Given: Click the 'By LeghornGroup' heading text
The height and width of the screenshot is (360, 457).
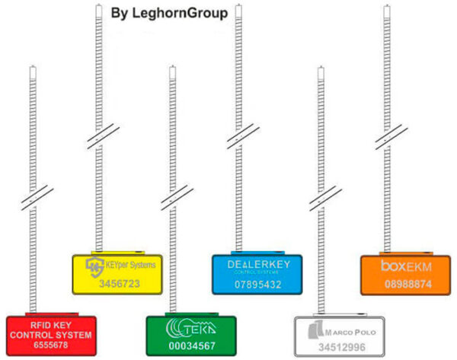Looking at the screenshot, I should pyautogui.click(x=169, y=13).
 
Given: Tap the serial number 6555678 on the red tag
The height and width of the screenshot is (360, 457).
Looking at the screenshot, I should pyautogui.click(x=50, y=345).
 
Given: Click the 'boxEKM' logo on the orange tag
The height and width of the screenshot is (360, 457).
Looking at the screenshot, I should pyautogui.click(x=404, y=266).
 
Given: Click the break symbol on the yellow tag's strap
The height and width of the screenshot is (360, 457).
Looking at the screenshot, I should pyautogui.click(x=97, y=136).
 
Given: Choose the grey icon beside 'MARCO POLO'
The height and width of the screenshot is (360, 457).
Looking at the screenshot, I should pyautogui.click(x=314, y=330).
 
